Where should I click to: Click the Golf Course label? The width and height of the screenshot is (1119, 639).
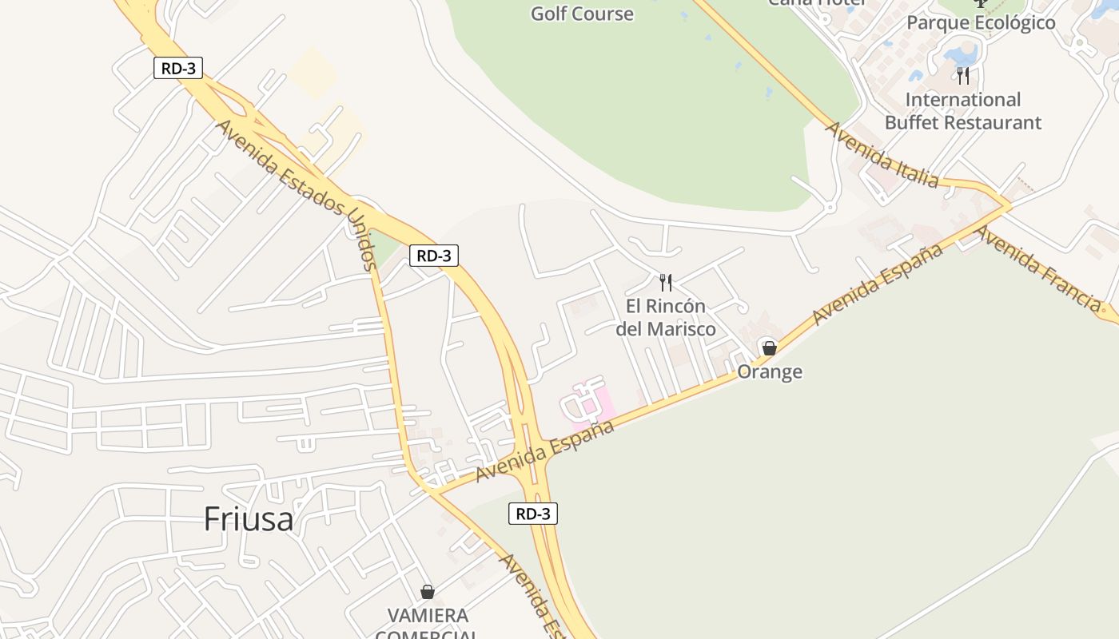click(582, 14)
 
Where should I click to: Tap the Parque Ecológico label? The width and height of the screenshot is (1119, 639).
click(981, 22)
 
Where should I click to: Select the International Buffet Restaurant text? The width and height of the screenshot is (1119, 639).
click(963, 111)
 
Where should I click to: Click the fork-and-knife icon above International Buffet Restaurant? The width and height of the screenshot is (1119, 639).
click(963, 76)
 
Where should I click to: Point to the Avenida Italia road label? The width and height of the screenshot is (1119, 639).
click(882, 155)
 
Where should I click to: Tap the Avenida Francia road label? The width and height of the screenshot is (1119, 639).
click(1038, 268)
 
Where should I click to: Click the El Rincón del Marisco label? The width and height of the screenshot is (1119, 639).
click(666, 317)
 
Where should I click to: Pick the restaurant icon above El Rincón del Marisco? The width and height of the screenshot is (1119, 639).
click(665, 282)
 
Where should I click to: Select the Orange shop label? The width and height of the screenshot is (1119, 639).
click(770, 371)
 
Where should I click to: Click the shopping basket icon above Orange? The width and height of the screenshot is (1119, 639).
click(769, 347)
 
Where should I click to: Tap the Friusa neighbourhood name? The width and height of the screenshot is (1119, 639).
click(249, 519)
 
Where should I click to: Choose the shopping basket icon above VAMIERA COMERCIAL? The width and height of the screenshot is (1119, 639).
click(428, 592)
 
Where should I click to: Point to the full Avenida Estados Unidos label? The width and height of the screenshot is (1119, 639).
click(297, 196)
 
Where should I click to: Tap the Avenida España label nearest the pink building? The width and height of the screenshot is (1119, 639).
click(545, 451)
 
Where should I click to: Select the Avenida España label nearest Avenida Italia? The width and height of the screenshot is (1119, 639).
click(877, 284)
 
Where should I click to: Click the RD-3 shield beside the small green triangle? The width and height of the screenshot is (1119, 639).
click(434, 256)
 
